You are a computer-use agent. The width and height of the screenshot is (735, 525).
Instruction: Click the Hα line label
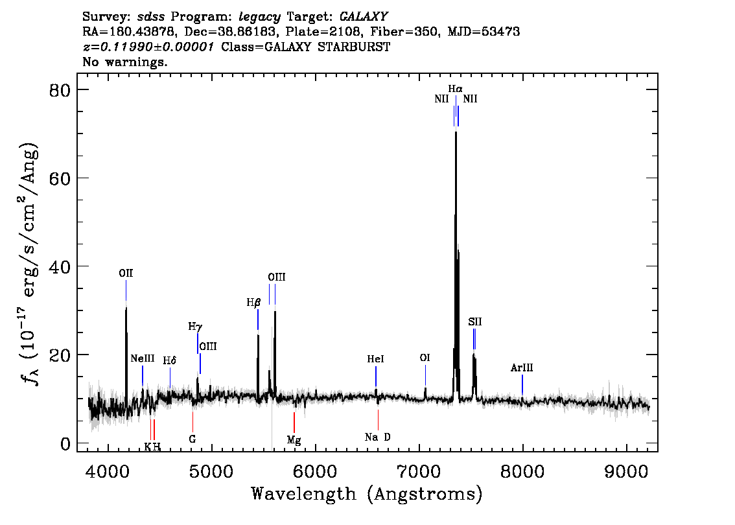[x=455, y=89]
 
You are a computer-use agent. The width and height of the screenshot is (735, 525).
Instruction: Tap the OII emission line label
[x=126, y=274]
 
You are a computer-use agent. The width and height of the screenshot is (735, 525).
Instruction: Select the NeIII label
[x=143, y=358]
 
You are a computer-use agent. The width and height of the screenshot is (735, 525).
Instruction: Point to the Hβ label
[x=253, y=303]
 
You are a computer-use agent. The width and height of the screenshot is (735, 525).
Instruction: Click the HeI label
[x=375, y=359]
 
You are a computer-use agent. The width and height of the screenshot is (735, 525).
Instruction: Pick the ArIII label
[x=522, y=368]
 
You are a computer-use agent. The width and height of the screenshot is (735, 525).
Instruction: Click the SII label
[x=475, y=322]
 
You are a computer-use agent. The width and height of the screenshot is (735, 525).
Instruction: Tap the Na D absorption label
[x=377, y=437]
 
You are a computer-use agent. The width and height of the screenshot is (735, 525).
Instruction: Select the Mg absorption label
[x=294, y=440]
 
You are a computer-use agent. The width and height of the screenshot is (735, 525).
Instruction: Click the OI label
[x=425, y=358]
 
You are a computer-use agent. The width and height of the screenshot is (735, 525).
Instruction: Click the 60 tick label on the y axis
[x=60, y=178]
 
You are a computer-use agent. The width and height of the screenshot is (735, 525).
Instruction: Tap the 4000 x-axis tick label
[x=108, y=472]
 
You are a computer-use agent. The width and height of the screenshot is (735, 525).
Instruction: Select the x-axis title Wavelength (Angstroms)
[x=367, y=494]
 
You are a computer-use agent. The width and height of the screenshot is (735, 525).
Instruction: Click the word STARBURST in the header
[x=354, y=47]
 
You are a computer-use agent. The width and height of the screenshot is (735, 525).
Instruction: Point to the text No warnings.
[x=124, y=62]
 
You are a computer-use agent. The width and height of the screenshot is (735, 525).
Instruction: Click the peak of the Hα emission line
[x=456, y=133]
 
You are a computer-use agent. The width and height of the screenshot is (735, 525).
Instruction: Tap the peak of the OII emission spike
[x=126, y=307]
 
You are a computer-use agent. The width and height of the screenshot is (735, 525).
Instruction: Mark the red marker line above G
[x=192, y=423]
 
